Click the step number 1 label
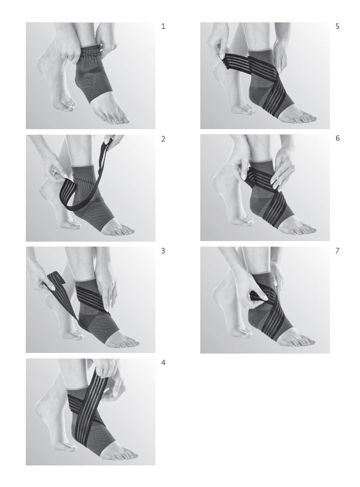pos(163,26)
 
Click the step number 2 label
pos(163,139)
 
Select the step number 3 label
pos(163,251)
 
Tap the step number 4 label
pos(163,363)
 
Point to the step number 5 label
pos(337,26)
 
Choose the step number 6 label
pos(337,139)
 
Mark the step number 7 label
pos(337,251)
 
